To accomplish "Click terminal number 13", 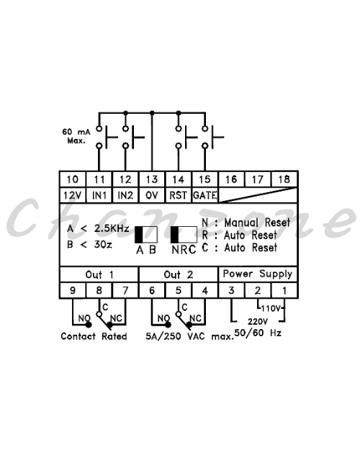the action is [x=152, y=180].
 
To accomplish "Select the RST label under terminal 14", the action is [x=178, y=195].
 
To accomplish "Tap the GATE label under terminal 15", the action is [x=204, y=195].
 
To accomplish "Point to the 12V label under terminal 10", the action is [x=72, y=195].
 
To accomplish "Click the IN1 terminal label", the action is [x=99, y=195].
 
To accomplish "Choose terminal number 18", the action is [x=284, y=179].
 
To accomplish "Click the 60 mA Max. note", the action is [x=76, y=136].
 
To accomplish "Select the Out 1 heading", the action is [x=99, y=274].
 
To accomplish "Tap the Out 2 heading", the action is [x=179, y=274].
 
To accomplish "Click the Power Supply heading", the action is [x=258, y=274].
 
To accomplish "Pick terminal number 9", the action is [x=73, y=290].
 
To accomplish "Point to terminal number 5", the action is [x=179, y=290].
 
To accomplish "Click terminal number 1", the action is [x=284, y=290].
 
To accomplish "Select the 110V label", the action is [x=271, y=308].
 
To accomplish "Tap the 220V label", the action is [x=258, y=321].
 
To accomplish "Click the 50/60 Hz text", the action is [x=258, y=333].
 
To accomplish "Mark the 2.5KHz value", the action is [x=112, y=228].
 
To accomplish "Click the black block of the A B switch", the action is [x=139, y=235].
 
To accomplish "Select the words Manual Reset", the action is [x=257, y=222].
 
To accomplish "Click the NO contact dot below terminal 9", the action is [x=89, y=325].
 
